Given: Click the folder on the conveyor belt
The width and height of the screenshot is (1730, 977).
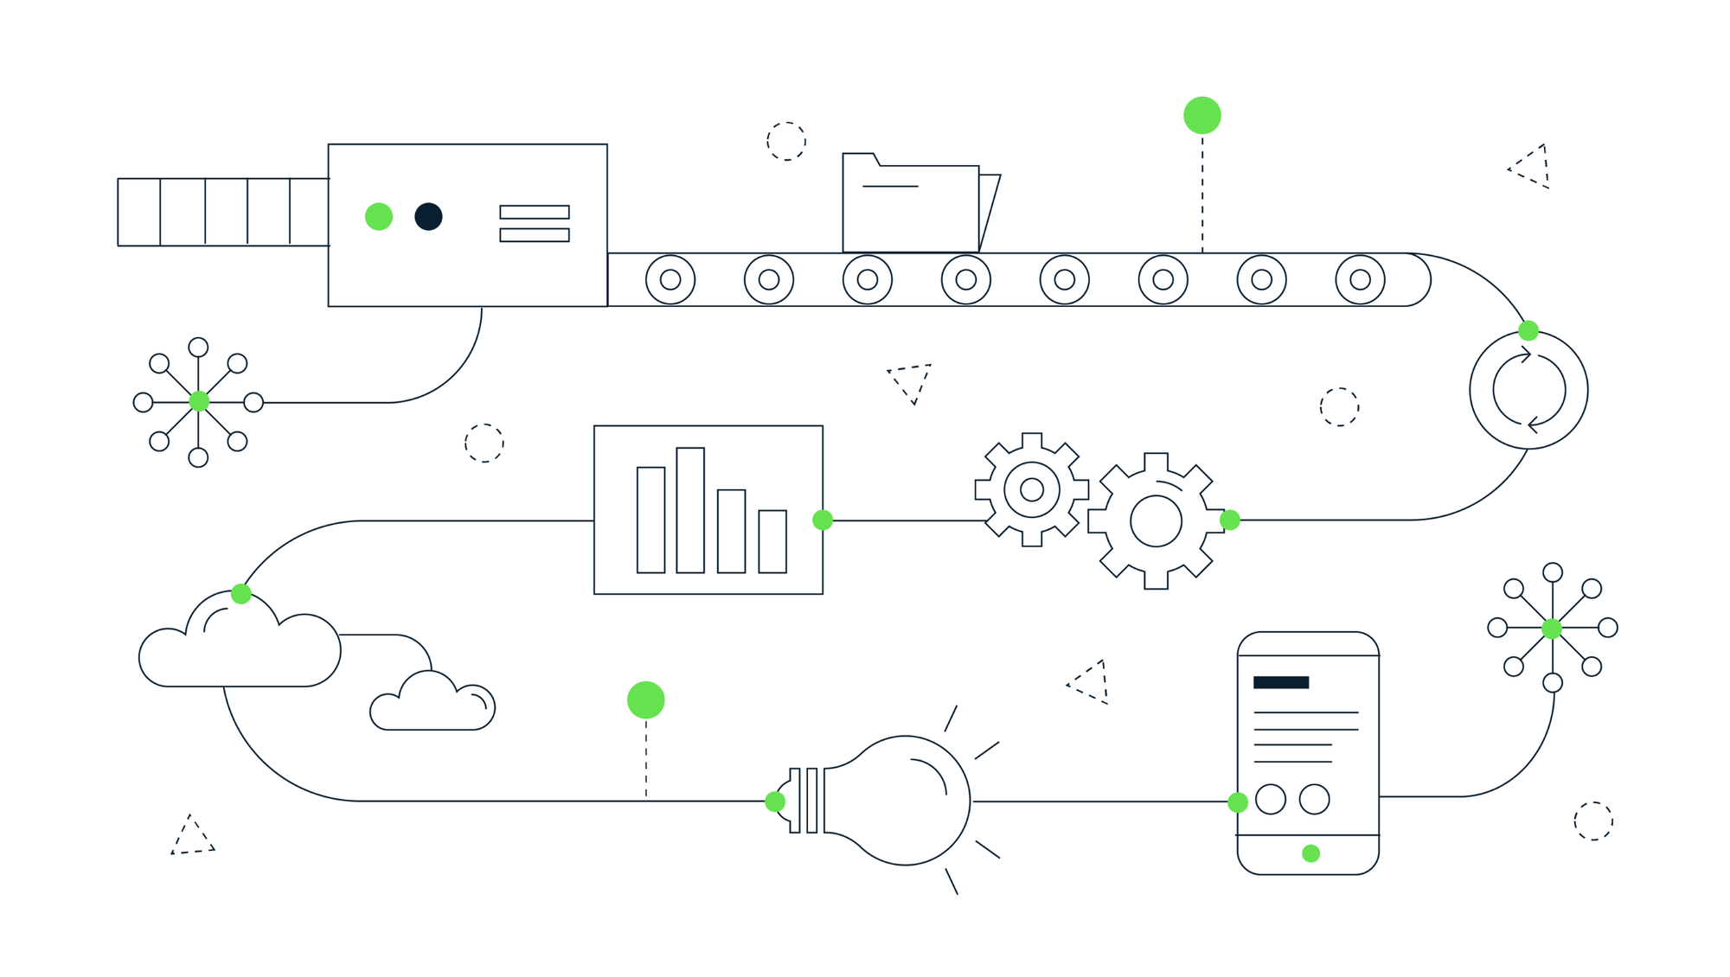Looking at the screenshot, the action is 910,208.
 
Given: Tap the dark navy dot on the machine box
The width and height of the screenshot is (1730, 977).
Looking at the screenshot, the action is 428,216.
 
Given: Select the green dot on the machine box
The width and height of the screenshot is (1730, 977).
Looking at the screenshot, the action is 379,216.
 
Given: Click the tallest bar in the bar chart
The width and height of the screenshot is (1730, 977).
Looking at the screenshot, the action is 690,510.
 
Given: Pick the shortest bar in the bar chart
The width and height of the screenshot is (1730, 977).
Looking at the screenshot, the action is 772,541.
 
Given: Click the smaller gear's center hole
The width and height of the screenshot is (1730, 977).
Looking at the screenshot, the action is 1032,490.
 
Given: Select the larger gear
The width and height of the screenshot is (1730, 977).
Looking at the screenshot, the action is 1156,520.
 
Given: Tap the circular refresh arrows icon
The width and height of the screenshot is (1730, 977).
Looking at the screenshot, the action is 1528,390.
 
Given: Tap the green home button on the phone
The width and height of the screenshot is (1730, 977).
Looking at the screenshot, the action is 1310,853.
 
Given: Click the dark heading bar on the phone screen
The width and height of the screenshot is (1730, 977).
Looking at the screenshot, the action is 1281,682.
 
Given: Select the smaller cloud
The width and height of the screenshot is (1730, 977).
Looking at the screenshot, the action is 432,705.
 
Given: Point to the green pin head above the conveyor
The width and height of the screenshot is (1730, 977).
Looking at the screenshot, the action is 1202,116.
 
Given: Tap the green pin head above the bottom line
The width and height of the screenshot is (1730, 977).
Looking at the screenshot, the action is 646,700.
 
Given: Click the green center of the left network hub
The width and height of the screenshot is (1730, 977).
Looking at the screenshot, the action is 199,401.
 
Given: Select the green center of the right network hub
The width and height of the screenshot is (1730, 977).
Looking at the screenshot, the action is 1552,628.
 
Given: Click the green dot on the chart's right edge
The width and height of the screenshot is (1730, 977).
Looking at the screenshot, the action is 823,520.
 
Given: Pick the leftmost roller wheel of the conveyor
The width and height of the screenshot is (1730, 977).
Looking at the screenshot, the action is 670,279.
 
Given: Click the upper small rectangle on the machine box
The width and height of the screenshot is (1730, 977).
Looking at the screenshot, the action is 535,212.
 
